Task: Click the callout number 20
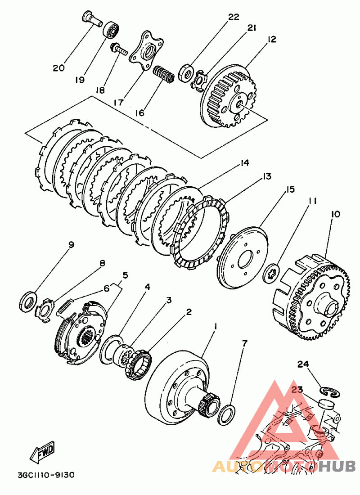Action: point(58,68)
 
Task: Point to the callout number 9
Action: point(71,245)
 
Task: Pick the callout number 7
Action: point(244,344)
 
